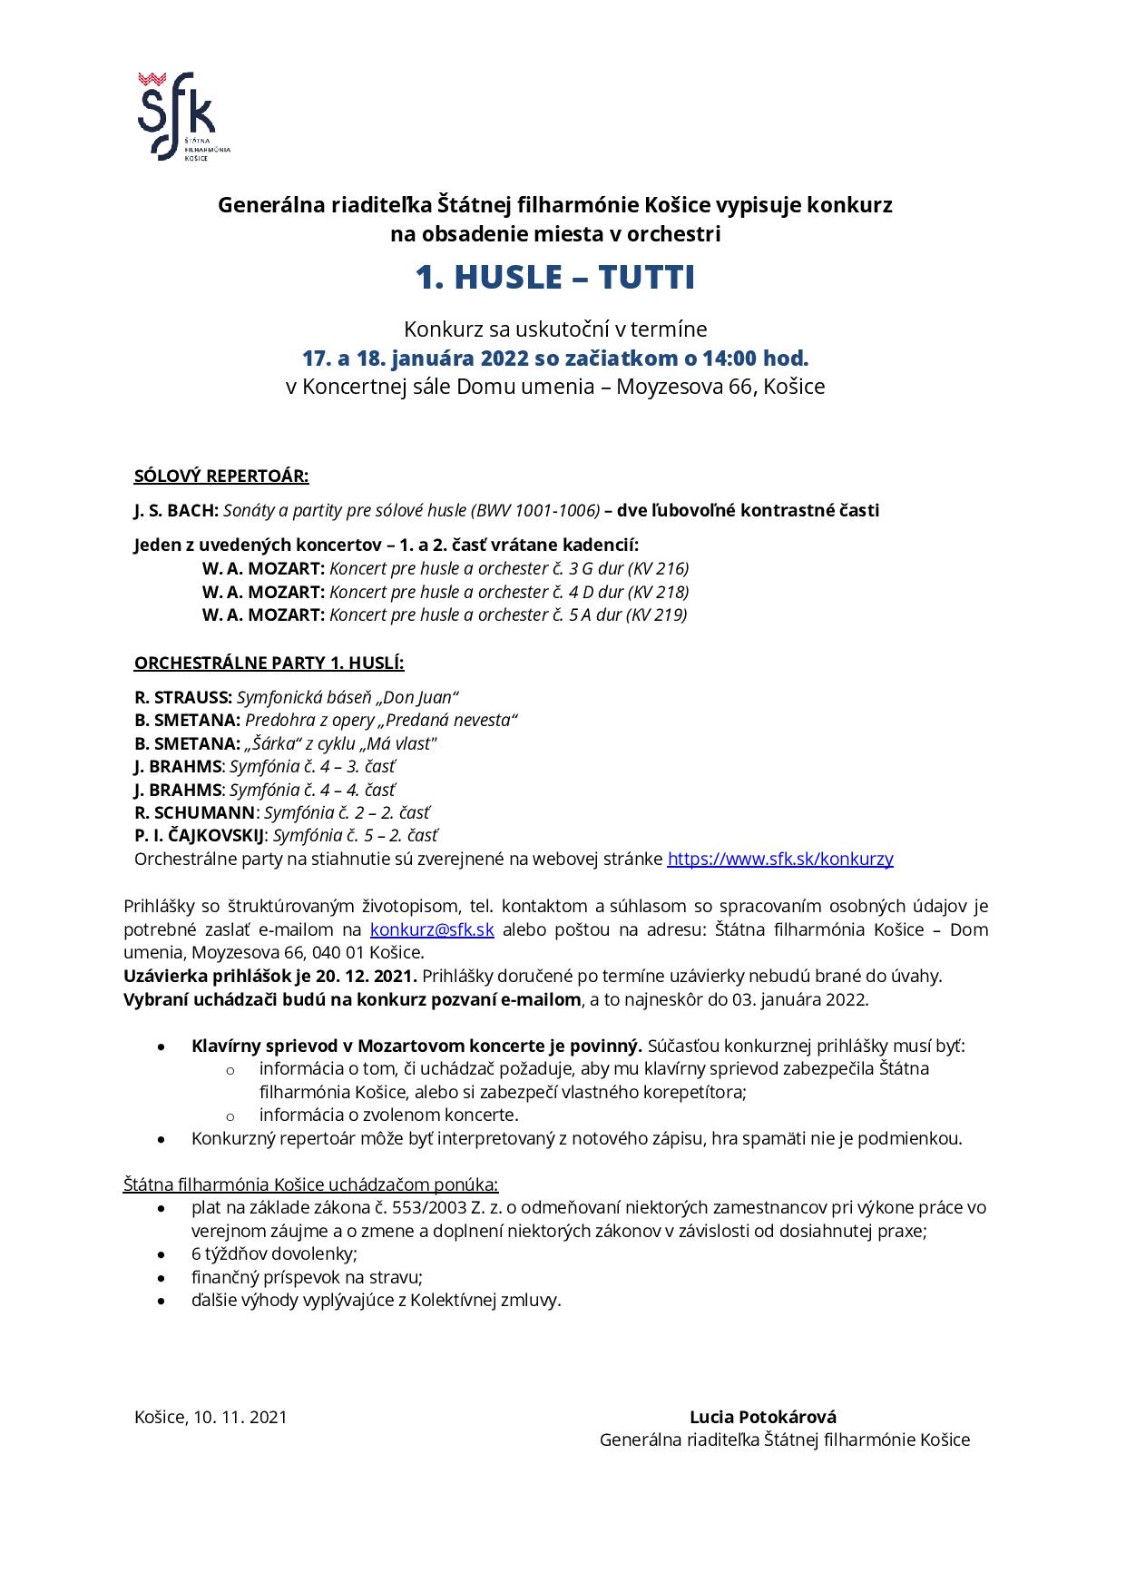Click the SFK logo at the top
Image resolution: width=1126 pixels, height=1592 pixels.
177,115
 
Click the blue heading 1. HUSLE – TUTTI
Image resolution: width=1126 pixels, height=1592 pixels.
555,278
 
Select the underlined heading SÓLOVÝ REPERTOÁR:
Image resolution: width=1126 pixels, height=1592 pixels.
221,476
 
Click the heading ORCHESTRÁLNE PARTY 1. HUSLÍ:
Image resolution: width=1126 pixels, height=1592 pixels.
269,663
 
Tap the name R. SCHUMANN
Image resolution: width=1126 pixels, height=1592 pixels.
195,812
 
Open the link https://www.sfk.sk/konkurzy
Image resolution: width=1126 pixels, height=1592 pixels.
780,859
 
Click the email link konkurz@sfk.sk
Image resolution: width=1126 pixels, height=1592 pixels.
432,929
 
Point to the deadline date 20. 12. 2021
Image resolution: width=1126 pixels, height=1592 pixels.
367,976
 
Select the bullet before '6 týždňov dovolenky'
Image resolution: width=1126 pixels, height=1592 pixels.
162,1254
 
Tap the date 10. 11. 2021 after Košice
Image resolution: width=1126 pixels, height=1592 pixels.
240,1417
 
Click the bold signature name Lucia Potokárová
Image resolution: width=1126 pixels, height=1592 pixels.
763,1417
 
